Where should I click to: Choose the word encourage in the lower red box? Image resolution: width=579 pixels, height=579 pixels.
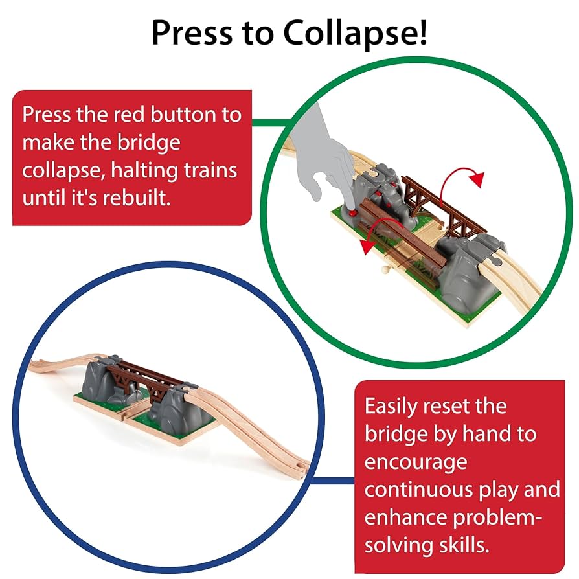[415, 462]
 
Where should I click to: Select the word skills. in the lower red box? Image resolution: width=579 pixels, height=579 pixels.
[455, 545]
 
